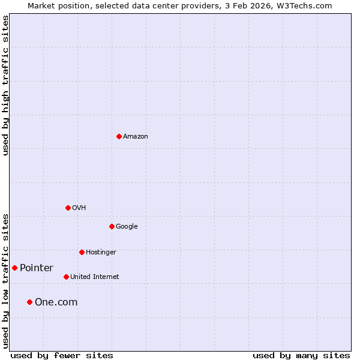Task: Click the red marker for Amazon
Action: [119, 136]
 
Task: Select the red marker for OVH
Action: [68, 208]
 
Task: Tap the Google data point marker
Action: [112, 226]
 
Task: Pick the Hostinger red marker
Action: [82, 252]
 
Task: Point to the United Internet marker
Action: [66, 277]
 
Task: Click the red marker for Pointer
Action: [14, 268]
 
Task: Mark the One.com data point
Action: [29, 302]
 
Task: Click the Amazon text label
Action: [136, 137]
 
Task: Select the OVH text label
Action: [79, 208]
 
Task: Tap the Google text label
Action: [127, 227]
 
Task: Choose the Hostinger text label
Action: [101, 253]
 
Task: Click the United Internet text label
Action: [95, 277]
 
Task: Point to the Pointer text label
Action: [37, 268]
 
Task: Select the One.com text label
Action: [56, 302]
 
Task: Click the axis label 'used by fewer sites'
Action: [62, 355]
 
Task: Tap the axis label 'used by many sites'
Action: [301, 355]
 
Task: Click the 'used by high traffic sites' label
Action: [5, 85]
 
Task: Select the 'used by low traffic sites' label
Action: [5, 281]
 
